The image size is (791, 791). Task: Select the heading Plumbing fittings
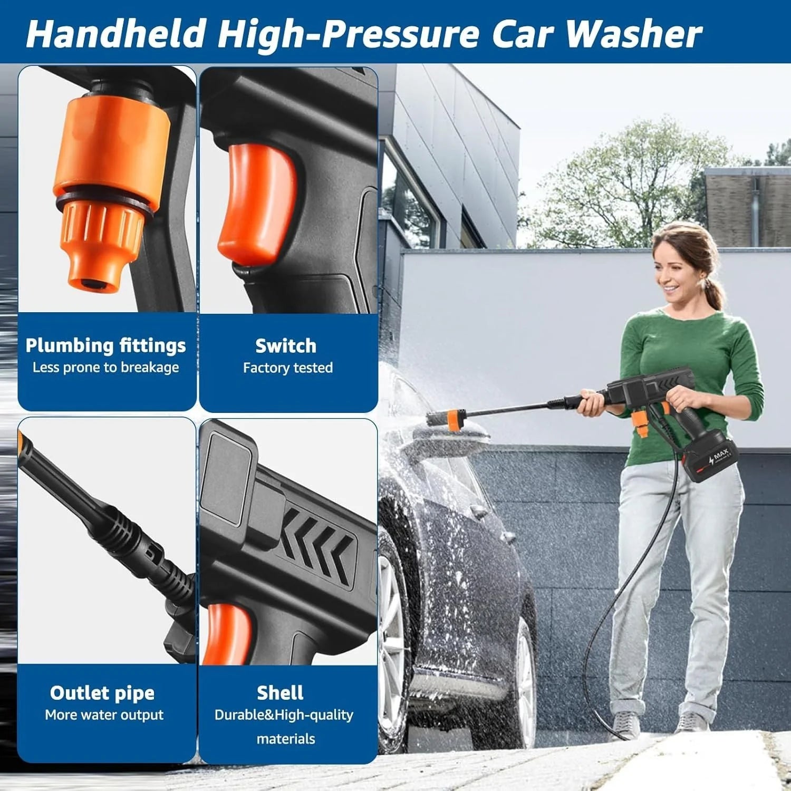(106, 345)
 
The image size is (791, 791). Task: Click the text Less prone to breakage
(106, 368)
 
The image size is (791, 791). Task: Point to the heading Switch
(286, 346)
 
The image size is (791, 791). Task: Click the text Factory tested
(288, 368)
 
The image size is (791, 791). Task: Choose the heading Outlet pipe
(102, 692)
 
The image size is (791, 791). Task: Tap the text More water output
(104, 715)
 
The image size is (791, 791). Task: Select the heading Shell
(280, 692)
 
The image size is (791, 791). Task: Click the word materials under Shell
(286, 739)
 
